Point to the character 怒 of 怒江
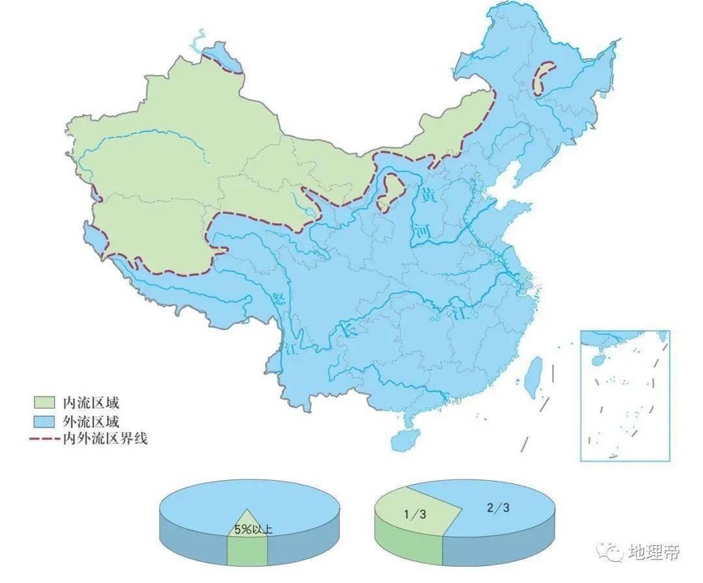point(281,299)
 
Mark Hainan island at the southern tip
point(405,439)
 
